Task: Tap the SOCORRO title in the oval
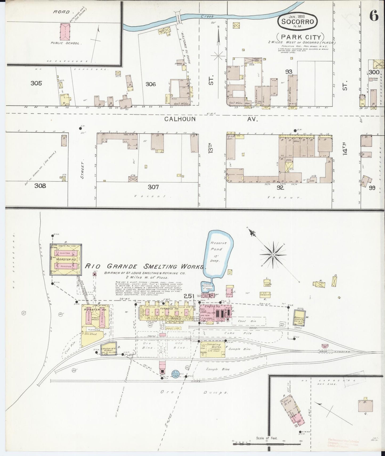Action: pos(297,22)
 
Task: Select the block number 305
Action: pos(36,83)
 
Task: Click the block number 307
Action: pos(153,187)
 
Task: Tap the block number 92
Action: pos(280,187)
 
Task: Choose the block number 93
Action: pos(289,72)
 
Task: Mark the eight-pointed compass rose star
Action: pos(273,255)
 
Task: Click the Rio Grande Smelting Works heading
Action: pos(145,266)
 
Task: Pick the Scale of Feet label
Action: pos(267,438)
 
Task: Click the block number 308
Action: pos(40,185)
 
